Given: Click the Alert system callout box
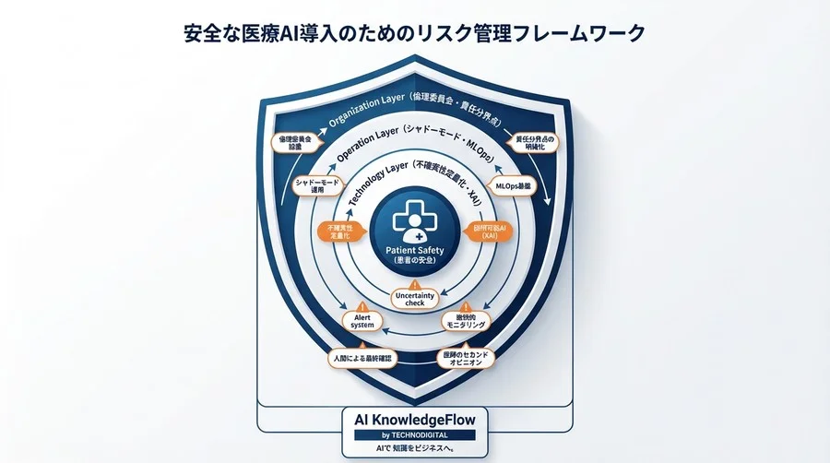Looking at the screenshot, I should point(357,320).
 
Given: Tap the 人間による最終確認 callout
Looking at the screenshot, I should point(362,357).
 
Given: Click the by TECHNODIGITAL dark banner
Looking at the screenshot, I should point(414,433).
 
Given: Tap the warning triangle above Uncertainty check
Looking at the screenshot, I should point(414,281).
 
